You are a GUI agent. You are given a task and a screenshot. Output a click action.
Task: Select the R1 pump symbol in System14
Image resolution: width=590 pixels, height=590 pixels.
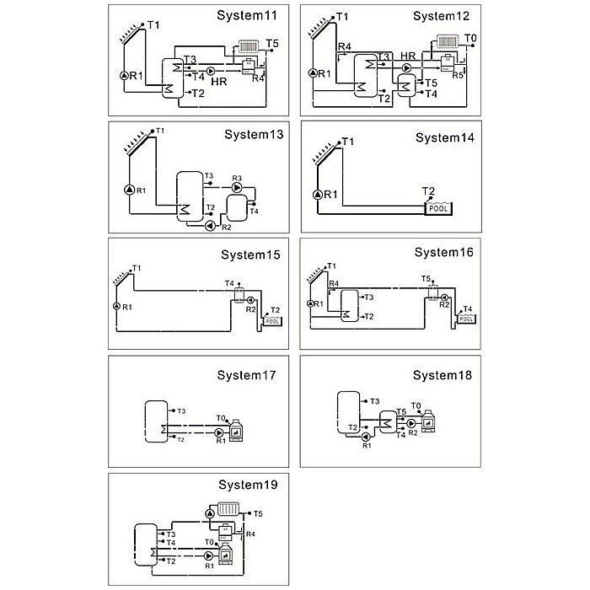[x=318, y=195]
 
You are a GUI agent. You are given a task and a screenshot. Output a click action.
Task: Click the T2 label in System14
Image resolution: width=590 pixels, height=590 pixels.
[x=429, y=190]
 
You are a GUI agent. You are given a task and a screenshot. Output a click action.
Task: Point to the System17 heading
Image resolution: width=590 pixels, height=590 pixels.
[x=246, y=375]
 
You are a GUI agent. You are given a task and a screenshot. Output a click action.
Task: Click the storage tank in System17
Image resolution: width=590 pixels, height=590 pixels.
[x=157, y=420]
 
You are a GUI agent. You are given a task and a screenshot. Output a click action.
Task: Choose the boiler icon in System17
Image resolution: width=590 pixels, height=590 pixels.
[x=237, y=429]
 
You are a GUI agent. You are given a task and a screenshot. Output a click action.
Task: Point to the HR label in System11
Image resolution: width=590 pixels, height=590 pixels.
[x=219, y=82]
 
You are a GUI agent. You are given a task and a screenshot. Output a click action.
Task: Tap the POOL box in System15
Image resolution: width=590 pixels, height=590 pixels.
[x=272, y=321]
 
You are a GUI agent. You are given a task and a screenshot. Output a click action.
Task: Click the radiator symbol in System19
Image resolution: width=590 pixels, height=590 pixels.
[x=229, y=510]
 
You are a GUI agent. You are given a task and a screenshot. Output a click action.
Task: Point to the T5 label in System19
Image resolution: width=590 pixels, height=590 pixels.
[x=258, y=513]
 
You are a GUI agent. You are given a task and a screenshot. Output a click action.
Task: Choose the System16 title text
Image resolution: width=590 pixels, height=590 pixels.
[x=444, y=252]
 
